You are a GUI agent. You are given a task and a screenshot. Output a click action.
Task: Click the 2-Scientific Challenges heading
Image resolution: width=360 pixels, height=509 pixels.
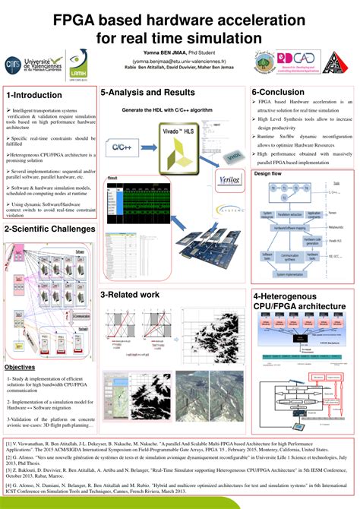(x=49, y=208)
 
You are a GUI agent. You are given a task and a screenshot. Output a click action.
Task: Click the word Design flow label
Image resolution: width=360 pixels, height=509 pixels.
(x=268, y=174)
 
